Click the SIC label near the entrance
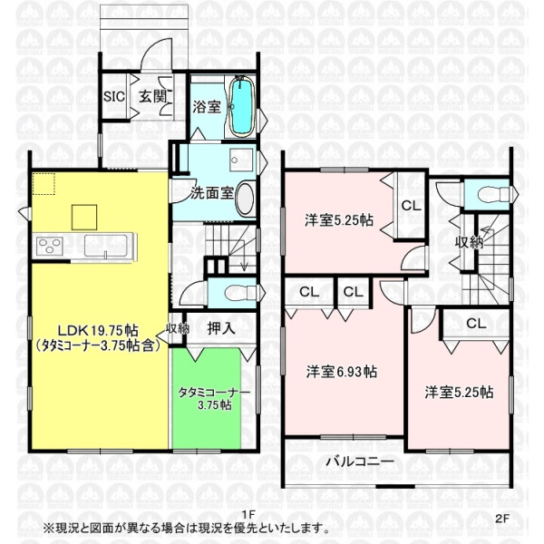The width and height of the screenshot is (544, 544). (x=114, y=96)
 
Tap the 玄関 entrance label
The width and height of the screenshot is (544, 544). (x=153, y=96)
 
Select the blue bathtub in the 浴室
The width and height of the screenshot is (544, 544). (x=241, y=106)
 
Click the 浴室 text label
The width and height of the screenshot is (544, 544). (x=207, y=106)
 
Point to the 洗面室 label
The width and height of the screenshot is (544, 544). (x=212, y=193)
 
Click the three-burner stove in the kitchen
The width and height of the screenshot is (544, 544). (x=50, y=246)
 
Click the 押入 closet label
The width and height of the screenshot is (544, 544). (x=221, y=328)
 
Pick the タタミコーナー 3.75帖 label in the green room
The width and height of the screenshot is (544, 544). (x=214, y=398)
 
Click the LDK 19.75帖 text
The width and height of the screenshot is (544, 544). (x=98, y=330)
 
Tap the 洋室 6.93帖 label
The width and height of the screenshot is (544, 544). (x=342, y=372)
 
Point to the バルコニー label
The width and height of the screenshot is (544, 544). (x=361, y=461)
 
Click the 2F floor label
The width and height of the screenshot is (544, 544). (x=502, y=519)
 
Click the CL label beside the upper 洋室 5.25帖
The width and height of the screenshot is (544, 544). (x=411, y=206)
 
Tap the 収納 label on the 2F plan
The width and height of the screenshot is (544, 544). (x=469, y=242)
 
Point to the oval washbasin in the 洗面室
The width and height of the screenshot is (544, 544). (x=245, y=199)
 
